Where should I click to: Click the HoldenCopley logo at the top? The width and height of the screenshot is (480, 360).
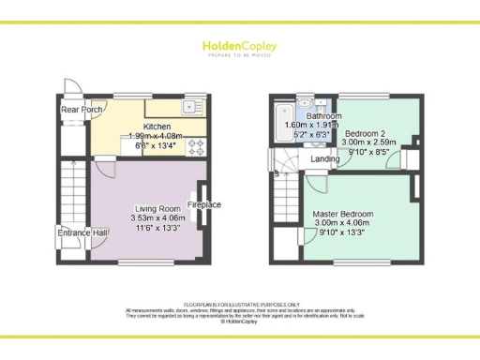click(239, 47)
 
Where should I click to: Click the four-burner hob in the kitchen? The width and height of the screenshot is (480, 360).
click(199, 145)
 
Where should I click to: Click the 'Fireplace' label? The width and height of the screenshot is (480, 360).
click(204, 204)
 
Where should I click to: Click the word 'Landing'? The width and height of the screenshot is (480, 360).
click(326, 159)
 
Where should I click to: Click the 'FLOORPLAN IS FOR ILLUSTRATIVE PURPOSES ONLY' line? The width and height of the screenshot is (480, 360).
click(241, 305)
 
